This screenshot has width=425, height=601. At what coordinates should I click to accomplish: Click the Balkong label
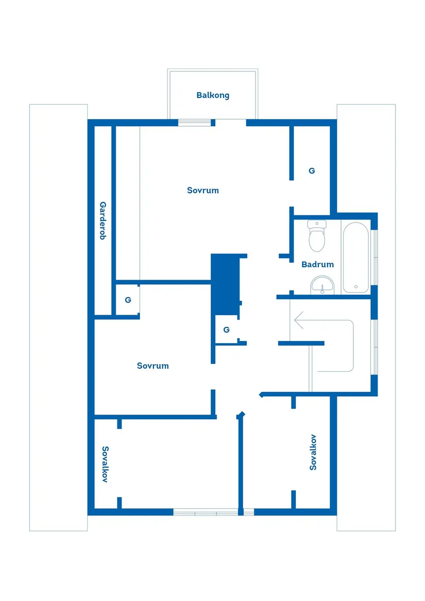coord(213,95)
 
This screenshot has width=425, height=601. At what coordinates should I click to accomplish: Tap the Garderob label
coord(103,220)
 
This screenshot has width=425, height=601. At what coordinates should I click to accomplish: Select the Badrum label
coord(318,265)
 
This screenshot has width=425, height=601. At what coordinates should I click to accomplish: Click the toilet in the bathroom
coord(317,236)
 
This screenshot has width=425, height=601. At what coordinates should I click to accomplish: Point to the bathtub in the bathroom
coord(356,257)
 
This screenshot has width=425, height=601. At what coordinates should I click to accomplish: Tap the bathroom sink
coord(322,285)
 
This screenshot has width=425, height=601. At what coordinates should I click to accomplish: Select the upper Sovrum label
coord(203,191)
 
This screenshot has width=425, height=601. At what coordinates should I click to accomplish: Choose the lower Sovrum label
coord(152,366)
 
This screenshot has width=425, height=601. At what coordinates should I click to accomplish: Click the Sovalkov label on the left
coord(105,464)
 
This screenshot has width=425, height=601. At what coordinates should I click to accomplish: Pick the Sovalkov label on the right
coord(313,452)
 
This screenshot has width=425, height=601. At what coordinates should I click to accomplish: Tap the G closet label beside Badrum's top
coord(312,171)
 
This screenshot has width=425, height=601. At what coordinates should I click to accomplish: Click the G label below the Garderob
coord(128,300)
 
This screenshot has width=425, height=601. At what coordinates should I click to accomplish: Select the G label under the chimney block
coord(226,330)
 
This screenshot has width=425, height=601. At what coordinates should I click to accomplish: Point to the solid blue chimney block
coord(226,284)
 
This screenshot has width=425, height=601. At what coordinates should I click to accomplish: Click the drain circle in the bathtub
coord(356,286)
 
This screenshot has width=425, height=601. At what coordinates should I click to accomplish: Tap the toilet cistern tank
coord(317,224)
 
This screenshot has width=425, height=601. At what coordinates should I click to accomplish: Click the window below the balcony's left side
coord(195,123)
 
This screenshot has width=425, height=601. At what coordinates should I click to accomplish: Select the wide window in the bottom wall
coord(206,512)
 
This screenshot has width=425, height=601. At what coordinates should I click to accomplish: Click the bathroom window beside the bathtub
coord(375,257)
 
